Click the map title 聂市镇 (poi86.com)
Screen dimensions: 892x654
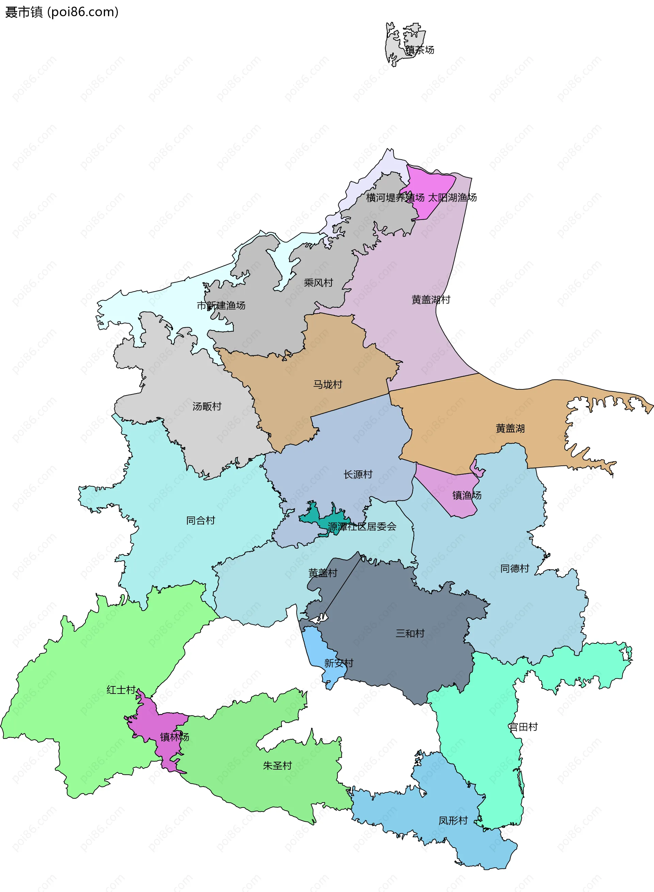pos(62,12)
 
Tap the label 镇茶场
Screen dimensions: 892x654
pos(420,50)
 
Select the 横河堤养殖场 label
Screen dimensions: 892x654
pos(395,197)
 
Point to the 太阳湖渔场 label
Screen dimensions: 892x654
pos(452,197)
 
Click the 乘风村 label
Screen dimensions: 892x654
pos(318,283)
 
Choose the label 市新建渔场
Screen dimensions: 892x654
pos(221,306)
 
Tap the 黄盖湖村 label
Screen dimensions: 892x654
pos(431,300)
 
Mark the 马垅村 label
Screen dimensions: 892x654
pos(327,384)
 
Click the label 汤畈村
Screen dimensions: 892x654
pos(207,406)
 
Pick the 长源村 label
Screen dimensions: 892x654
pos(358,474)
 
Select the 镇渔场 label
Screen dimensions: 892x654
pos(467,495)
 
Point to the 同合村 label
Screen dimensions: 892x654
pos(200,520)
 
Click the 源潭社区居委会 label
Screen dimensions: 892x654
pos(362,526)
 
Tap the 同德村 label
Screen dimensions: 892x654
pos(515,569)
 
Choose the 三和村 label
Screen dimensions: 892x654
pos(410,633)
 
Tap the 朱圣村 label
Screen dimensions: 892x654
pos(277,765)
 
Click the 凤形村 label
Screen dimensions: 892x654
pos(453,821)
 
